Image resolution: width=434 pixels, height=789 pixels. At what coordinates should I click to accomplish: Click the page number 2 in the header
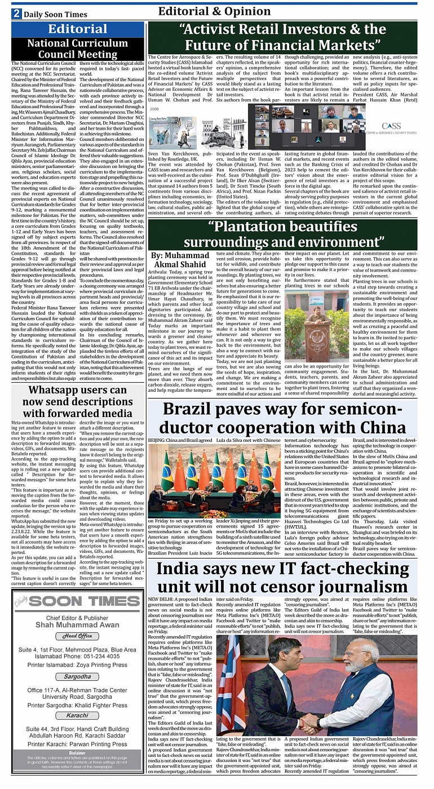click(x=16, y=14)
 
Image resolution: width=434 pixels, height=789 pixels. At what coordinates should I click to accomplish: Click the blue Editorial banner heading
click(x=78, y=29)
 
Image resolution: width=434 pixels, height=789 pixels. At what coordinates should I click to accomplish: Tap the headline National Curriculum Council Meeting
click(x=78, y=49)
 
